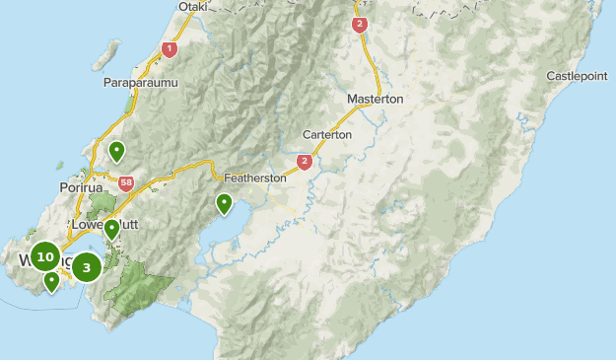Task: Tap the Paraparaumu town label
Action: coord(140,83)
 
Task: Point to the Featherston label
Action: coord(254,178)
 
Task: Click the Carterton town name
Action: coord(326,134)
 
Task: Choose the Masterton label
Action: coord(376,100)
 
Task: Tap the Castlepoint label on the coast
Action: coord(581,75)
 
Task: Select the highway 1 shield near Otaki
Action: coord(170,48)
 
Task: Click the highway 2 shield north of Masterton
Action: coord(359,25)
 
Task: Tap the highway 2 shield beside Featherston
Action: coord(305,161)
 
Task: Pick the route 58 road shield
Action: coord(125,182)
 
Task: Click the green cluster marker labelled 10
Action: coord(44,257)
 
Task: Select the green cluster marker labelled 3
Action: coord(87,266)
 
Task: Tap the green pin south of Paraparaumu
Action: coord(117,152)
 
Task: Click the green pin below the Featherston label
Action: coord(224,204)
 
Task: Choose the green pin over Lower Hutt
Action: coord(112,230)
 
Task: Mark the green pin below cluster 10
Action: coord(51,283)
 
